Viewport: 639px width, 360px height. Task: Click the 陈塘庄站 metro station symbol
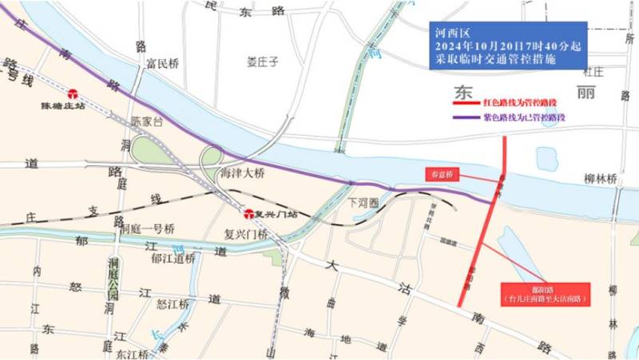pos(73,93)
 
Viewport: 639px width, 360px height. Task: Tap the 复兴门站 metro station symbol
pos(249,214)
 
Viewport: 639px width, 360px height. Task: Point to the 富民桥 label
pos(162,64)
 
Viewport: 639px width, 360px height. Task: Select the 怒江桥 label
pos(173,304)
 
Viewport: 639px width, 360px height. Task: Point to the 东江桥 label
pos(132,354)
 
